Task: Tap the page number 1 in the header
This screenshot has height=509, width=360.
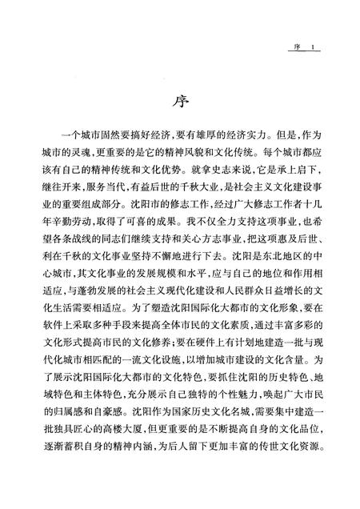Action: tap(316, 48)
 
